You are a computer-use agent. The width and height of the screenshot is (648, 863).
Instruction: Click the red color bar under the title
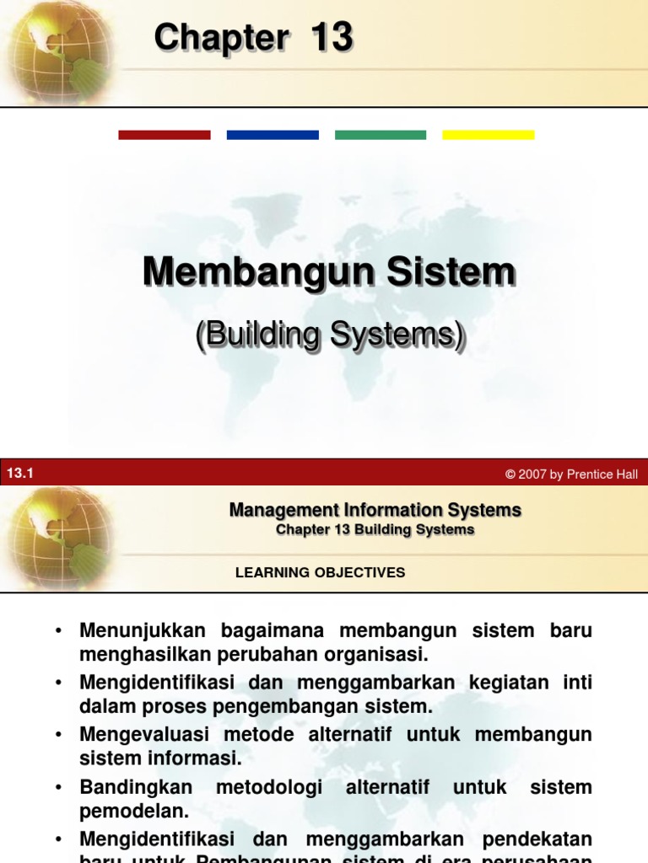165,135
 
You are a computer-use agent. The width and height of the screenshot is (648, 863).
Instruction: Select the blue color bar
273,135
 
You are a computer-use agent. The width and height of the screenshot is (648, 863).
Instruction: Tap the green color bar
381,135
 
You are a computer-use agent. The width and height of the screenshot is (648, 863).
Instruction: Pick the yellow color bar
489,135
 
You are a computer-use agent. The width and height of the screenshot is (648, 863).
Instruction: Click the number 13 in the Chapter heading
331,38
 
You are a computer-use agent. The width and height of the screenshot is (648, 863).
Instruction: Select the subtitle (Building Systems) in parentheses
330,335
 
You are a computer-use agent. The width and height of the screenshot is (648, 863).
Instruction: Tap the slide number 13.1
19,474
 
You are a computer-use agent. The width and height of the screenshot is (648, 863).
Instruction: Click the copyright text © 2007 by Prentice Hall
571,474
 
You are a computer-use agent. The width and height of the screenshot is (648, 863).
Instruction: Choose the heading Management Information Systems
375,510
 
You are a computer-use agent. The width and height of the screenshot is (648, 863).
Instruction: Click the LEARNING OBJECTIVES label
321,572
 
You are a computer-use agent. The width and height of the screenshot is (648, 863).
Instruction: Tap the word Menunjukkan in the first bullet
143,630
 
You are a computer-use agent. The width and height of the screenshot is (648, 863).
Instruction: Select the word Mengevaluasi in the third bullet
144,735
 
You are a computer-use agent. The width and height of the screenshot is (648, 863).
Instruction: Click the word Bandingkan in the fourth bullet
136,787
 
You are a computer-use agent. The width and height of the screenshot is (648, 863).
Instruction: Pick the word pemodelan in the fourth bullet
134,812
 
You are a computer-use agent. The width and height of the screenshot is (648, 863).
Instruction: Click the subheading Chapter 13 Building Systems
375,530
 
